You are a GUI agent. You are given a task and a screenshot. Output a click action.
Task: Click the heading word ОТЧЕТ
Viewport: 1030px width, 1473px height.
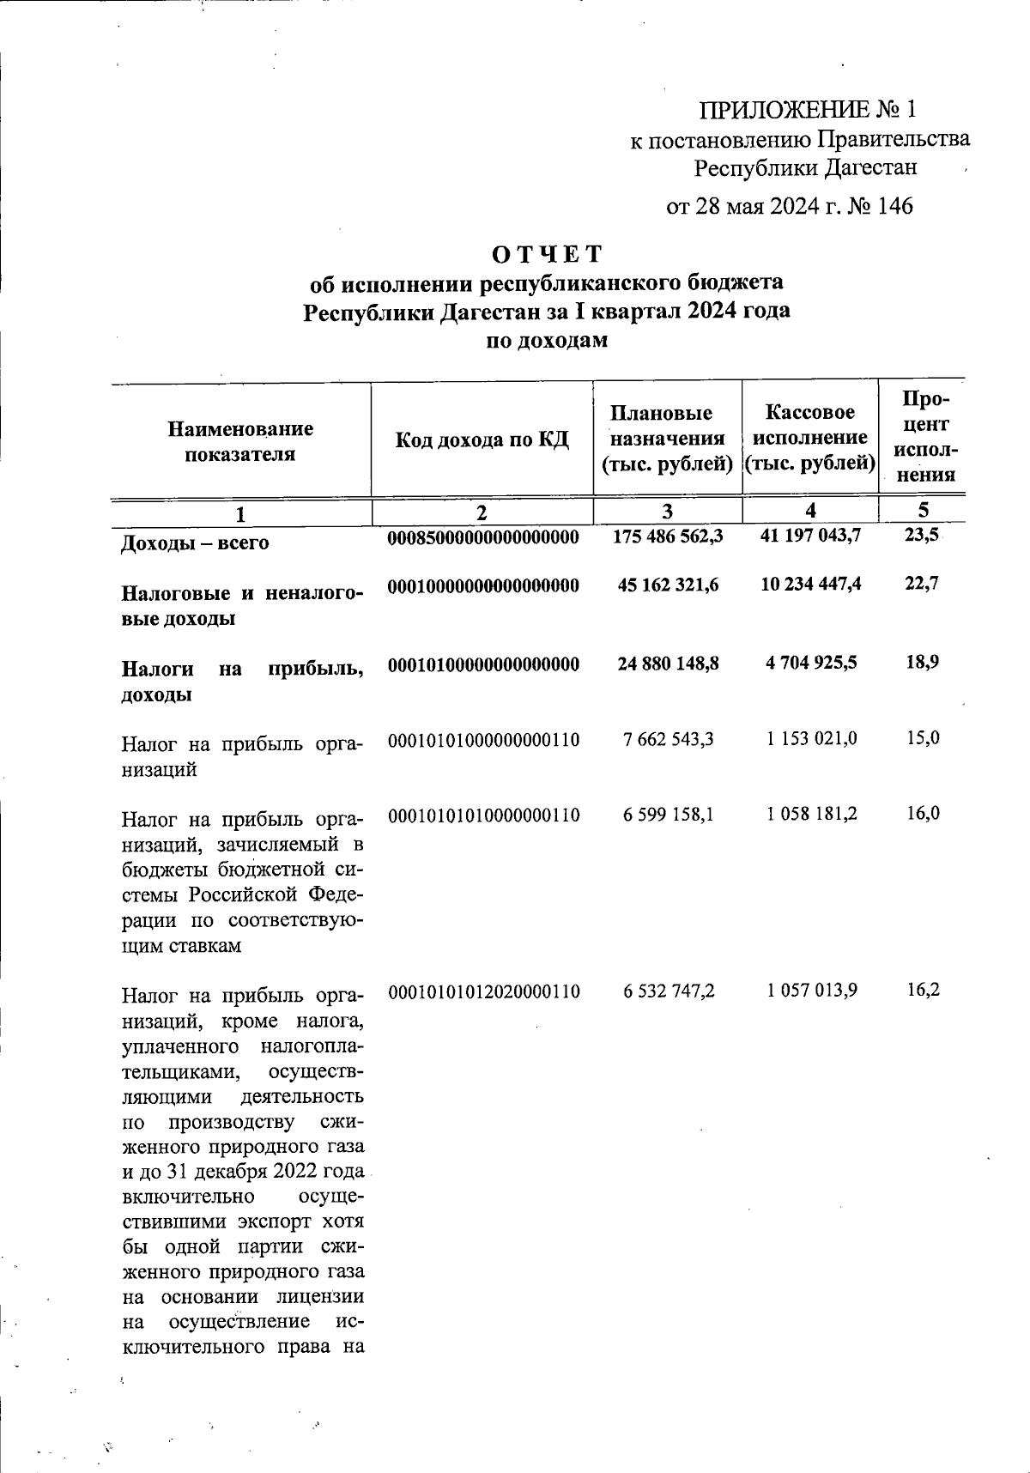547,254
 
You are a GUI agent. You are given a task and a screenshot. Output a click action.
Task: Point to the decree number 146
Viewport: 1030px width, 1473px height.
894,206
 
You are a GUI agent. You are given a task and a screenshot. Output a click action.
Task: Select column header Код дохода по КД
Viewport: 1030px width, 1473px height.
482,440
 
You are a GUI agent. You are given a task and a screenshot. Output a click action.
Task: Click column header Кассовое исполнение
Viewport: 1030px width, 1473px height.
809,438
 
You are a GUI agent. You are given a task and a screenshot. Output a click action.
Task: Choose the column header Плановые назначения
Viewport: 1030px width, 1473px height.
667,439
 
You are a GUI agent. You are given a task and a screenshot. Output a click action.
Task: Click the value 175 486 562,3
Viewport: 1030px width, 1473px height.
669,536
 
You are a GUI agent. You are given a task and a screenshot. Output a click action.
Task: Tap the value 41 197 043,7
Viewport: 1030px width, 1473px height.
811,536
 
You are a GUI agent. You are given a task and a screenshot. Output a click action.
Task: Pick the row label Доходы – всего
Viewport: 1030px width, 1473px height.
195,543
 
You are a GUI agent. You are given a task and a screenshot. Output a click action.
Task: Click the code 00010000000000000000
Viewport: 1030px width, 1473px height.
483,585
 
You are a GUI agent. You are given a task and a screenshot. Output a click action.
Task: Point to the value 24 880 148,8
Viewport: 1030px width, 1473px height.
668,664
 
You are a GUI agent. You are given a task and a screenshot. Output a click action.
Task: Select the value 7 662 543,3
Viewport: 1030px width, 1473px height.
669,739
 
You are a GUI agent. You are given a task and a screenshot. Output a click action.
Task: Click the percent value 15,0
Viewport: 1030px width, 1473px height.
923,737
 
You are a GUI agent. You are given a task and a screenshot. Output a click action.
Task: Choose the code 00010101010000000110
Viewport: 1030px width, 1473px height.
484,815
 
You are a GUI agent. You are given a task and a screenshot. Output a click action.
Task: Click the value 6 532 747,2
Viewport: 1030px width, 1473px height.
669,991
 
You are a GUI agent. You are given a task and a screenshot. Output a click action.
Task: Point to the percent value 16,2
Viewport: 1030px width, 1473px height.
923,990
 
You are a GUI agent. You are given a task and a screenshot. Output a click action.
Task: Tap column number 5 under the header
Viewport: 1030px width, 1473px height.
923,510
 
